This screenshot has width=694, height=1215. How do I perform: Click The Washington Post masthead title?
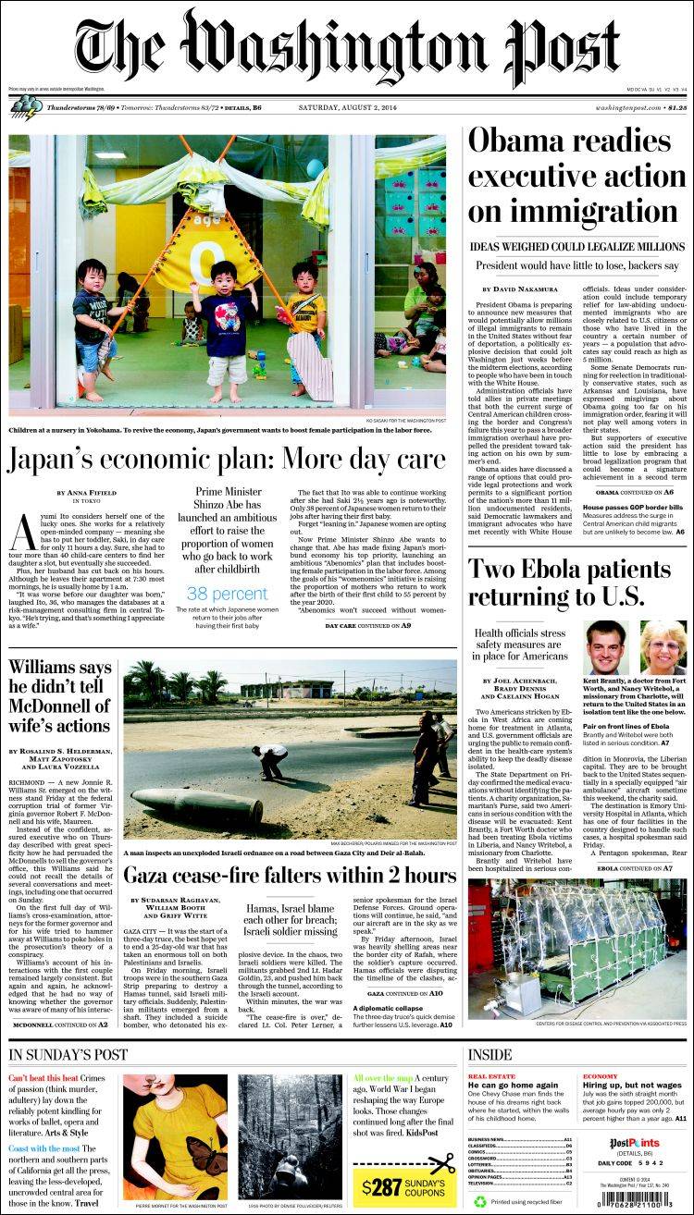(347, 48)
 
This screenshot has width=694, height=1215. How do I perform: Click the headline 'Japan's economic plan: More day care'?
(228, 459)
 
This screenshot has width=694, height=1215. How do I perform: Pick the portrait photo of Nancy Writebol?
(663, 646)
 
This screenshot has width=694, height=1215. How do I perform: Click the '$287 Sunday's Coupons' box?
(403, 1186)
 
